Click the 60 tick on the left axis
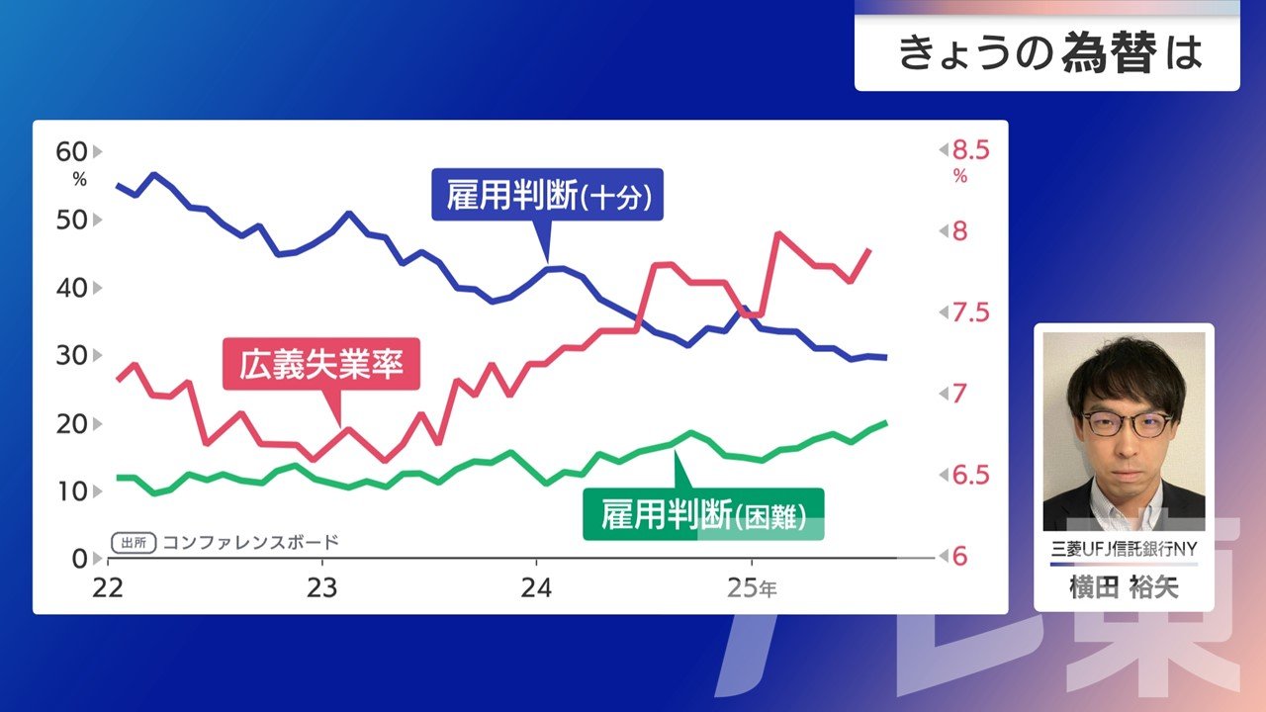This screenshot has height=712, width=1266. pos(73,152)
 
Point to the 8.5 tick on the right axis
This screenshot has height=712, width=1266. pos(970,150)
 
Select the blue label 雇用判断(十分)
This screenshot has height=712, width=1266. pos(547,196)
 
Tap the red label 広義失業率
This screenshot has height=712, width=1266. pos(321,366)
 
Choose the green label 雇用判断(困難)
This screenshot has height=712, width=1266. pos(702,514)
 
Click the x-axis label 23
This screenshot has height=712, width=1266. pos(322,587)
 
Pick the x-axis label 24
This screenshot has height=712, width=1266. pos(536,587)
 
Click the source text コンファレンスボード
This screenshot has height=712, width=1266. pos(250,542)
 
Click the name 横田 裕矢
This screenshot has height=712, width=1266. pos(1124,587)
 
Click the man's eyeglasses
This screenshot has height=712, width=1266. pos(1126,423)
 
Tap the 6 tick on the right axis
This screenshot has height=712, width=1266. pos(958,557)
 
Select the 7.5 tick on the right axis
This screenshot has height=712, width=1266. pos(970,313)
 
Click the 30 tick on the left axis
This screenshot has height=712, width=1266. pos(73,355)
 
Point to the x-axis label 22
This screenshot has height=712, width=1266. pos(107,587)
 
